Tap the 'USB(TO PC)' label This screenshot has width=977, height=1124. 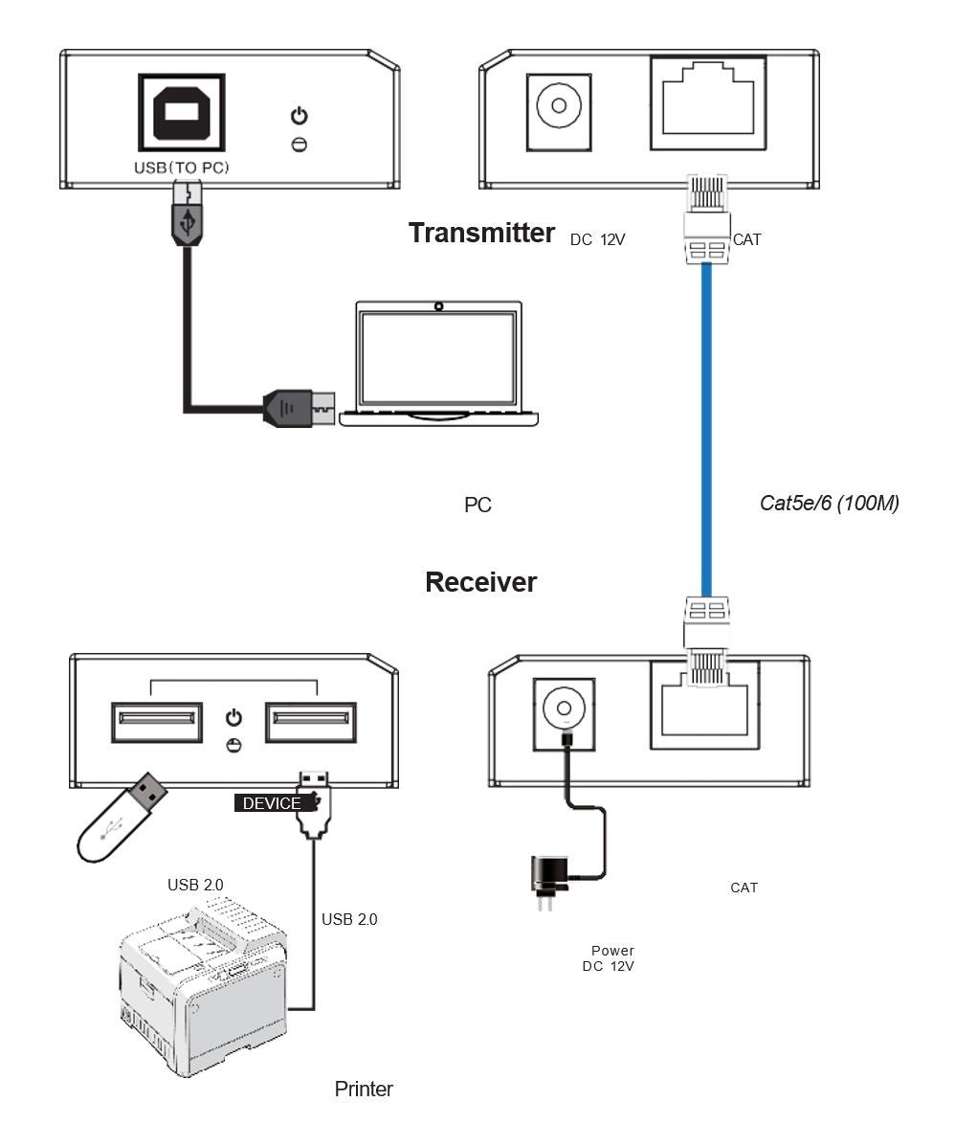tap(182, 168)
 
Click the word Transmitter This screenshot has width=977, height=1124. tap(481, 233)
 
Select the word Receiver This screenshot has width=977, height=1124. tap(480, 582)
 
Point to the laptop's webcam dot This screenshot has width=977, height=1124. tap(439, 307)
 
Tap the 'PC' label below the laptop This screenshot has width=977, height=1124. tap(477, 505)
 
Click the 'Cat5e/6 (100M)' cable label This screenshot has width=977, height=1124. tap(829, 503)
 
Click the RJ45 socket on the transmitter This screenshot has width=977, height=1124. tap(707, 103)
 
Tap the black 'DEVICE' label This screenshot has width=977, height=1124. tap(272, 803)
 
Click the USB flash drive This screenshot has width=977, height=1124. tap(122, 817)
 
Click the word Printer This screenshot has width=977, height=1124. tap(364, 1089)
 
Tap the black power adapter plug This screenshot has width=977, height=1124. tap(548, 875)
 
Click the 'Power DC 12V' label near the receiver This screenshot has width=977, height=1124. tap(610, 958)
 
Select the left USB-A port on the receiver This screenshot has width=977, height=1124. tap(157, 723)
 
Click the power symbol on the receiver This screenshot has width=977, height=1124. tap(233, 718)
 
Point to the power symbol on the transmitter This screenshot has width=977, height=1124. tap(300, 117)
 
